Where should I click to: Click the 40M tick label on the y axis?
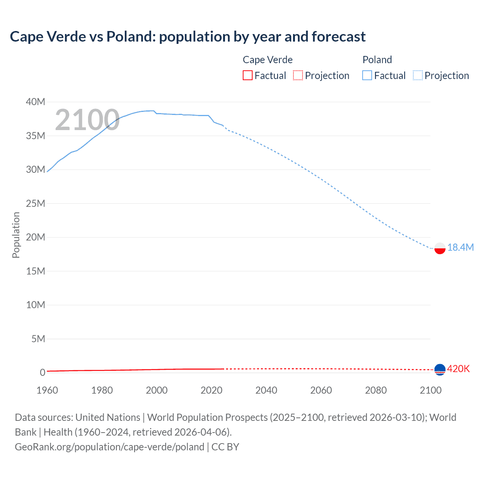(x=36, y=102)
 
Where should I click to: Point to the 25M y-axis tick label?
(x=36, y=203)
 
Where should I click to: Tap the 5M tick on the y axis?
(x=38, y=339)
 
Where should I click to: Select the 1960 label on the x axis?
(x=47, y=390)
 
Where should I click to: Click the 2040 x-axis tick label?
(x=266, y=390)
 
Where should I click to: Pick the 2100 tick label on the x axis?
(x=431, y=390)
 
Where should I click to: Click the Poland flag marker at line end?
(x=440, y=248)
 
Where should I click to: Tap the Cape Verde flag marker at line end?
(x=440, y=369)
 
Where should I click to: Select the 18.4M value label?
(x=461, y=247)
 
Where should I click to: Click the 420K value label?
(x=458, y=369)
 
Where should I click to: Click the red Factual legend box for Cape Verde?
(x=248, y=75)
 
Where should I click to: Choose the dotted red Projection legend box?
(x=298, y=75)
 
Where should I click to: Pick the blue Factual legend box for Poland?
(x=367, y=75)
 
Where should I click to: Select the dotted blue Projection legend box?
(x=418, y=75)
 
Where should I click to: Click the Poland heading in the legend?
(x=377, y=60)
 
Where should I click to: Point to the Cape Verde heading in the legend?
(x=268, y=60)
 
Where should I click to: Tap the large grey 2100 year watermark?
(x=87, y=120)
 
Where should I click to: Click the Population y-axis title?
(x=16, y=235)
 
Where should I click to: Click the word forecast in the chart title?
(x=338, y=37)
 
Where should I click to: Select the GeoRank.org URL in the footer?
(x=109, y=447)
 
